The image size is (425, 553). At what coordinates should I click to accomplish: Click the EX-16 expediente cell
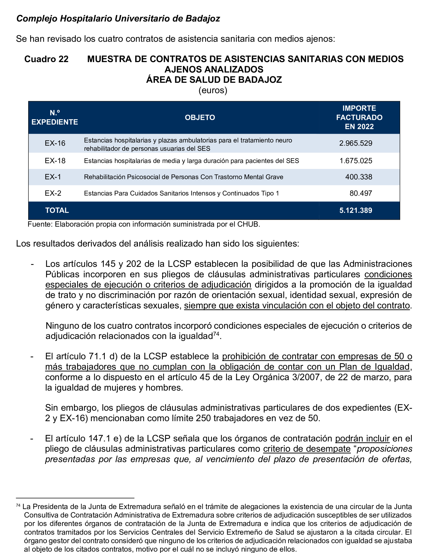pos(55,143)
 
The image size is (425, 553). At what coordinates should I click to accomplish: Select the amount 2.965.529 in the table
pos(355,143)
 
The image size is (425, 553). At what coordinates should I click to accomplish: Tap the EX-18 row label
pos(55,161)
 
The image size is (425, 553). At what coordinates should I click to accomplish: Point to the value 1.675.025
pos(355,161)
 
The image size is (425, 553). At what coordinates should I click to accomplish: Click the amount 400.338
pos(358,177)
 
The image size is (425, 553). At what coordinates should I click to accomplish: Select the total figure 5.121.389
pos(355,210)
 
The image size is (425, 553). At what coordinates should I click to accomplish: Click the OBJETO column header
pos(200,117)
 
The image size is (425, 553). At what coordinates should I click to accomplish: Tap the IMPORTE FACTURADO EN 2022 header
pos(359,117)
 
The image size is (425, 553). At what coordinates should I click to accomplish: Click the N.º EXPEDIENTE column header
pos(55,117)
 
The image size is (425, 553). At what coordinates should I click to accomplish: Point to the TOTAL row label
pos(57,210)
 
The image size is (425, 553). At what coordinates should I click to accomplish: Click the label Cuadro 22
pos(46,59)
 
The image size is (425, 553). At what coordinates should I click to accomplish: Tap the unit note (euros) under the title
pos(213,90)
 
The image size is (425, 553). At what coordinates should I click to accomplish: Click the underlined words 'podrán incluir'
pos(362,438)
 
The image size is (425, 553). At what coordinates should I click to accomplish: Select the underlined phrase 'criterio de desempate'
pos(307,449)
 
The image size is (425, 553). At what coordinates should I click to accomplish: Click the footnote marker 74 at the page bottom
pos(18,505)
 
